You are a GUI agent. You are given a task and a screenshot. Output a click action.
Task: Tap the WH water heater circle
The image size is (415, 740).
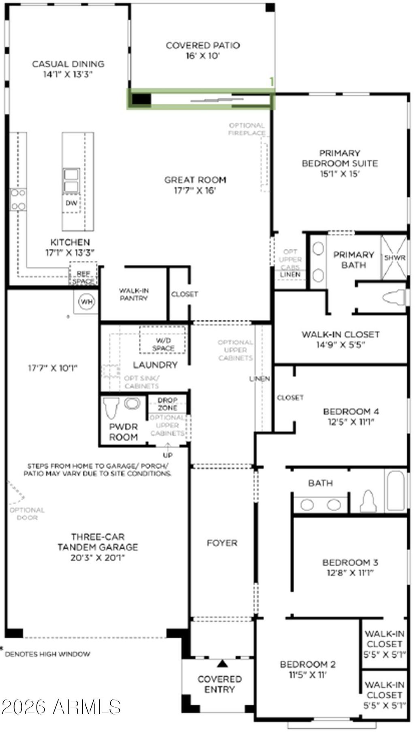[86, 302]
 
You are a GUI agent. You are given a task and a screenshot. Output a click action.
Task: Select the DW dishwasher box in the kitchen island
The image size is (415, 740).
[71, 203]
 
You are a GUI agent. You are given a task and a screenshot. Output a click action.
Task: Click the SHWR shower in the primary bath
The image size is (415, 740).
[394, 258]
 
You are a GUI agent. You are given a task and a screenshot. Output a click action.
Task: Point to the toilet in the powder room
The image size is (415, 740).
[110, 408]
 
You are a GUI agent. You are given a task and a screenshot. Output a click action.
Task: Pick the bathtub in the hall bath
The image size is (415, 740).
[395, 491]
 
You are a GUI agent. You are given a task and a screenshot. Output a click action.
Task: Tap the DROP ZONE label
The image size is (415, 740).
[167, 404]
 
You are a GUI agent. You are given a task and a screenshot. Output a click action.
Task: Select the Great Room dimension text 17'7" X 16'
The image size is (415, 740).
[195, 190]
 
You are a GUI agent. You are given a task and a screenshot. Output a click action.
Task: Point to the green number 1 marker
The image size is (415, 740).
[272, 82]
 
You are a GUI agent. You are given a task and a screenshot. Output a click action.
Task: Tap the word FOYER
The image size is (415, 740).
[222, 543]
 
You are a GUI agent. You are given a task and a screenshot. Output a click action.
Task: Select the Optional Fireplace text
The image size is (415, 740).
[246, 129]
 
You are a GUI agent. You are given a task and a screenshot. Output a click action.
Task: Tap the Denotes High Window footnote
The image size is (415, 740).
[47, 654]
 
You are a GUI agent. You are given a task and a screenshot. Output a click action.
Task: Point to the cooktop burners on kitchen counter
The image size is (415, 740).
[17, 200]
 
